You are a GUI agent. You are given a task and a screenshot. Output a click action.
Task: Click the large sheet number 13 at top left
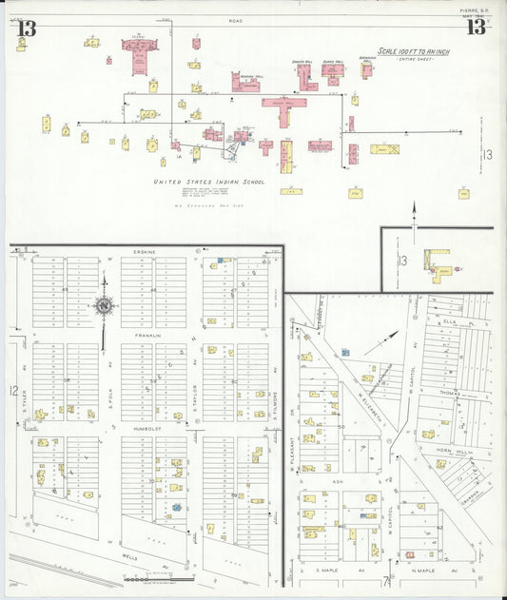25,27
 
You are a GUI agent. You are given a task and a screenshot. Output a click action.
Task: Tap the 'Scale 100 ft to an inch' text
415,52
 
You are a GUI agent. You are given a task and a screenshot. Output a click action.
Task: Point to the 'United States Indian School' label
208,181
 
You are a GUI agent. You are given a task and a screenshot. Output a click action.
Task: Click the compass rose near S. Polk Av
103,306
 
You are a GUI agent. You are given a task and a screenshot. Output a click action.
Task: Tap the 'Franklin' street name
147,336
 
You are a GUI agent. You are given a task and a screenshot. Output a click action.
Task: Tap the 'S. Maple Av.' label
329,571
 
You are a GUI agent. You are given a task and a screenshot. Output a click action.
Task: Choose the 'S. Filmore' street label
273,404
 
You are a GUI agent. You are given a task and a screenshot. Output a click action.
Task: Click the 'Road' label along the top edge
235,19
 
